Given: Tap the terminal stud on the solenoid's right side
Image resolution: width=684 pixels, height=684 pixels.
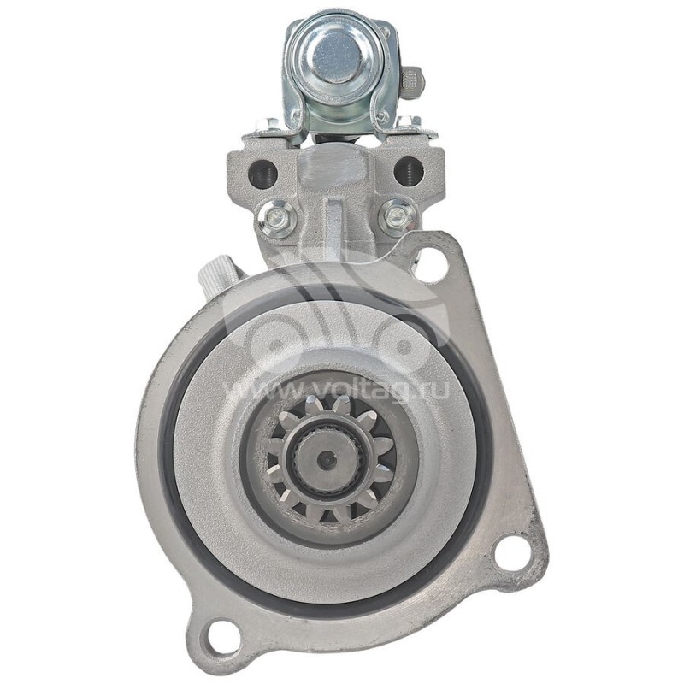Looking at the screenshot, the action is [x=413, y=82].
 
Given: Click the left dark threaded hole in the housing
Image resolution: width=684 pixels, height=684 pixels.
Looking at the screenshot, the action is [x=262, y=171].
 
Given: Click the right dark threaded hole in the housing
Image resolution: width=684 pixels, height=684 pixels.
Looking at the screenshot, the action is [x=409, y=170].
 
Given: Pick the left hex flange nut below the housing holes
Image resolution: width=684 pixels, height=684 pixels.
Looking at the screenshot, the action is [x=276, y=217].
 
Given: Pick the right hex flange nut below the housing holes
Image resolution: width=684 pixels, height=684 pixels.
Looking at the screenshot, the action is [x=398, y=216].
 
